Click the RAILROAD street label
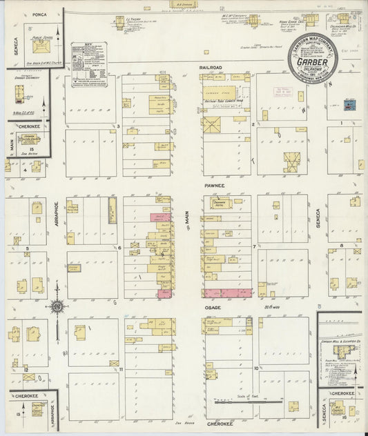(211, 67)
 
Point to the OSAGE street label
(211, 308)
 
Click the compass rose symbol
(56, 306)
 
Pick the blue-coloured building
(348, 103)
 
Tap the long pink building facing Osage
(228, 293)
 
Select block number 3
(119, 126)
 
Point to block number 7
(254, 246)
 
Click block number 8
(342, 245)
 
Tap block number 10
(255, 368)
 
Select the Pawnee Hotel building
(222, 204)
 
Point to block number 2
(254, 125)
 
